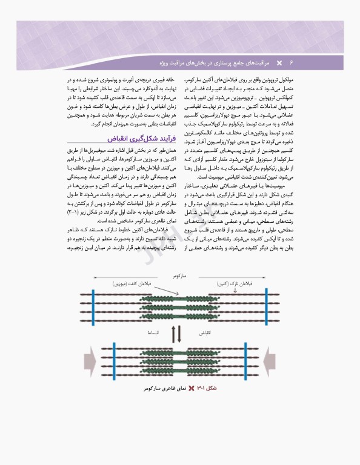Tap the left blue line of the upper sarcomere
[94, 306]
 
